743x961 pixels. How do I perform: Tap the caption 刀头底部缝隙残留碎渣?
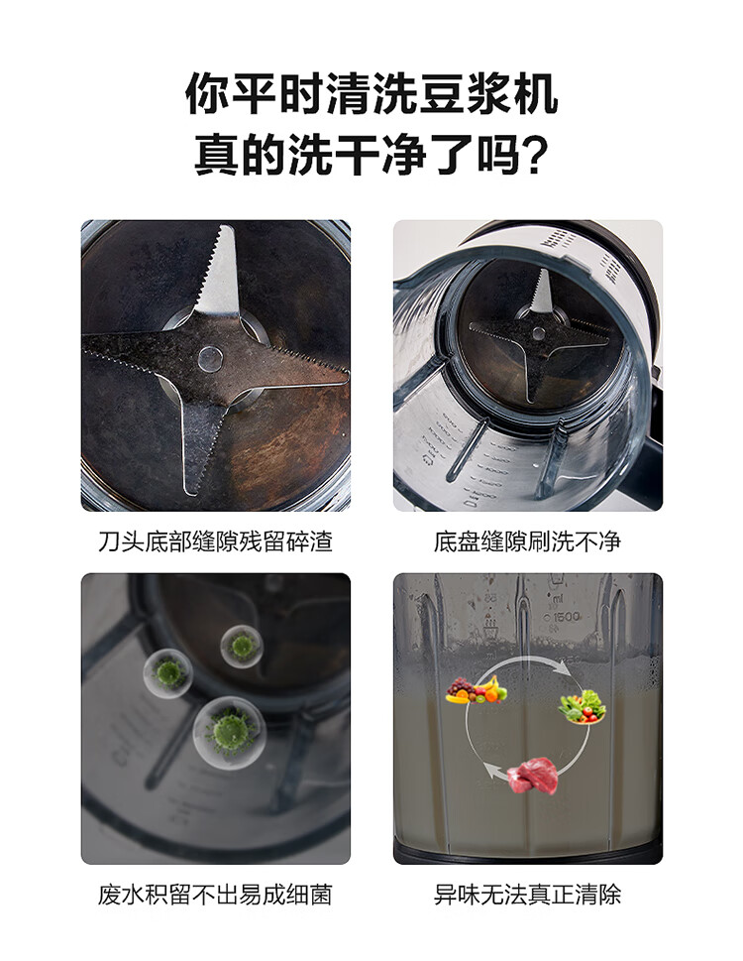[215, 541]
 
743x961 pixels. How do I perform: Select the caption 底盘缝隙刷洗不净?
[528, 541]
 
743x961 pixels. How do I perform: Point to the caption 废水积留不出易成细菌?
[215, 895]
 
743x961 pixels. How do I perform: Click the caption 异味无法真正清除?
[528, 895]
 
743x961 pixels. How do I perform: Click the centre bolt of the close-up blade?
[210, 358]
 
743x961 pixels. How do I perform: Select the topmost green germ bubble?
[242, 646]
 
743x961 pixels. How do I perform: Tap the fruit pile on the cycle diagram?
[477, 689]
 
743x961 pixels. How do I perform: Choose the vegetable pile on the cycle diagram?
[583, 707]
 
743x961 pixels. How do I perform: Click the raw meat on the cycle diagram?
[533, 776]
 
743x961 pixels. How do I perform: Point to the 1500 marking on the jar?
[562, 617]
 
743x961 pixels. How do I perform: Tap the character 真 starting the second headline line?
[217, 155]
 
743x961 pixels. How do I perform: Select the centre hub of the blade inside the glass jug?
[538, 333]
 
